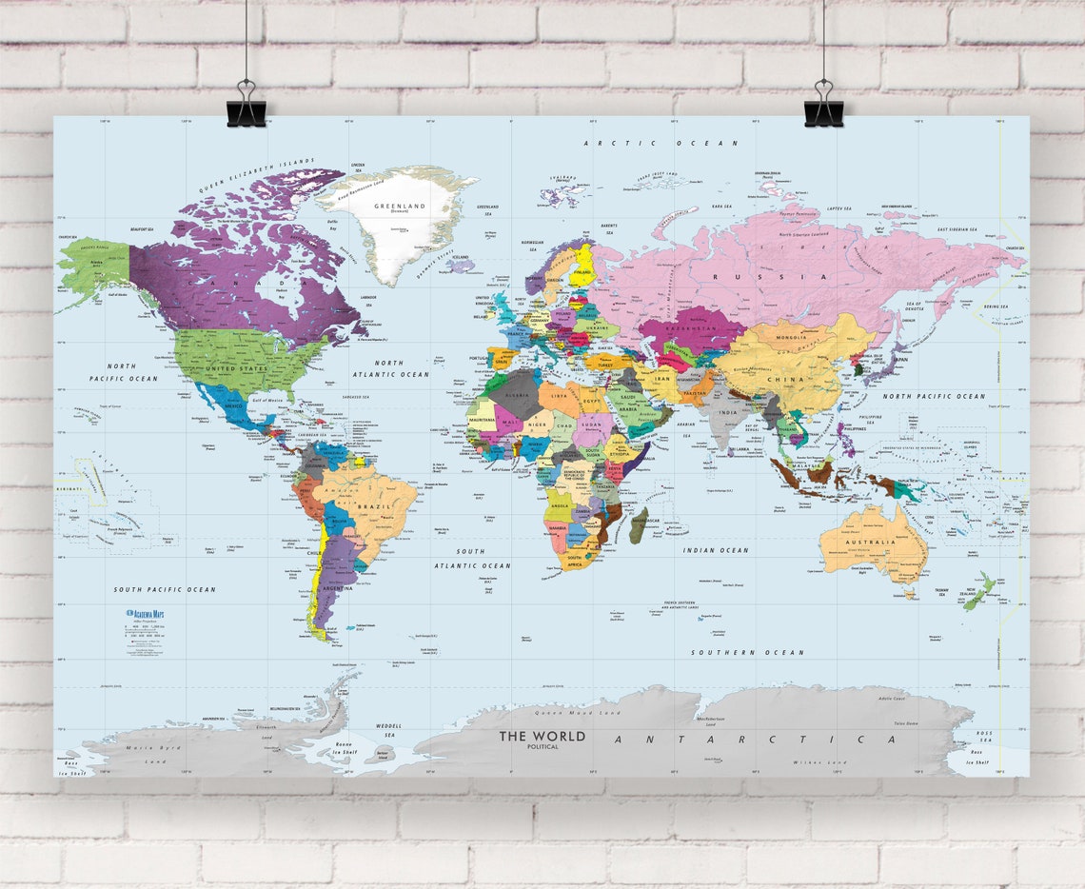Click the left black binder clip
(247, 105)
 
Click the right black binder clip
(823, 105)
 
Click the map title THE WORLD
(542, 736)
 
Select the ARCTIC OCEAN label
(661, 143)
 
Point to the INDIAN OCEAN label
(715, 550)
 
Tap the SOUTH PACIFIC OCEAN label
(165, 589)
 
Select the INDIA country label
(728, 412)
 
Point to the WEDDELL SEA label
(389, 730)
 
